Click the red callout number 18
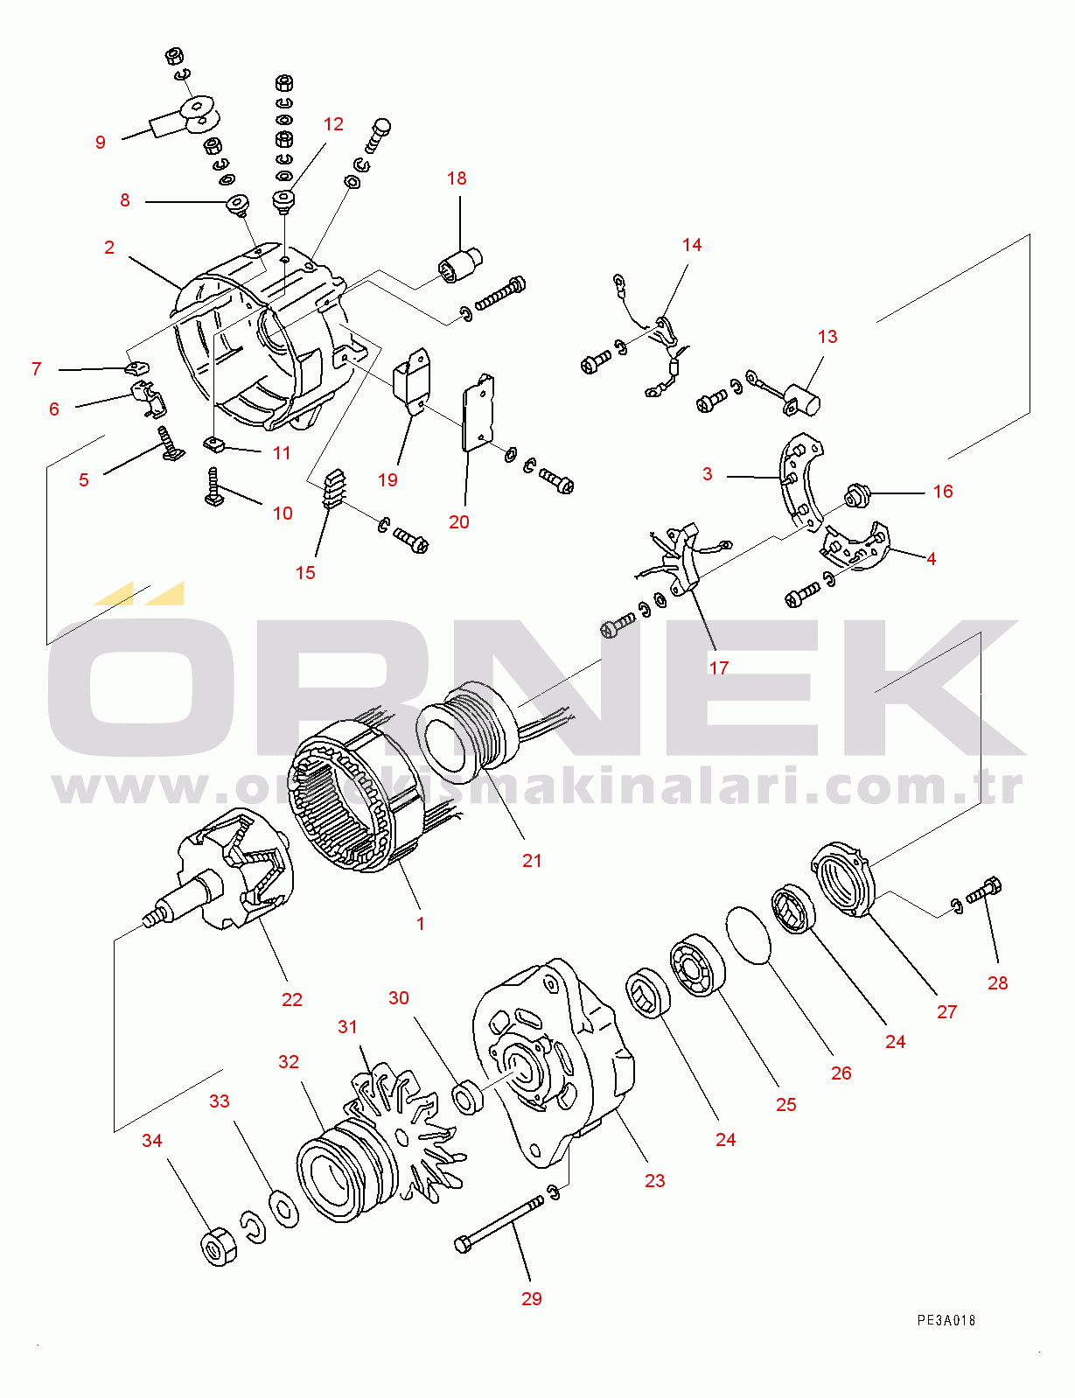click(457, 178)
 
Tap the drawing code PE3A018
click(946, 1321)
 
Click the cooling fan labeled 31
click(404, 1136)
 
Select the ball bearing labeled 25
click(697, 964)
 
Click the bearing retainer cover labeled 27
click(843, 878)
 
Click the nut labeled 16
click(855, 496)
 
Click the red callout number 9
click(101, 143)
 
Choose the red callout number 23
click(654, 1180)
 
